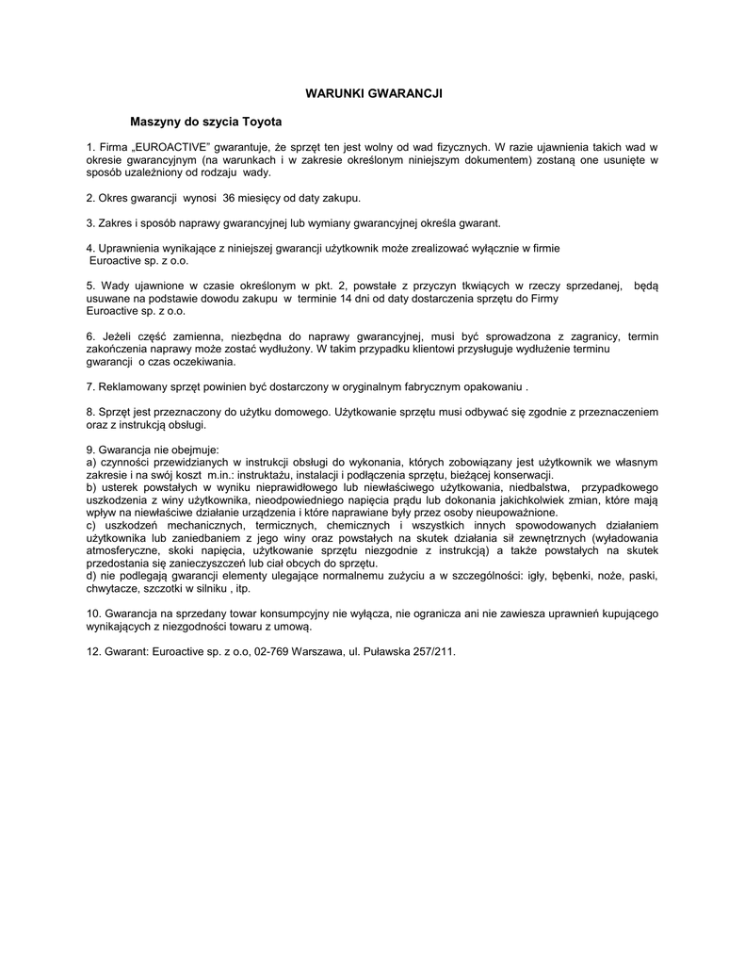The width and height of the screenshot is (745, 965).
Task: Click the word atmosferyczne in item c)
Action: coord(121,549)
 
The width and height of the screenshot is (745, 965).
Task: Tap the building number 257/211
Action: coord(432,650)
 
